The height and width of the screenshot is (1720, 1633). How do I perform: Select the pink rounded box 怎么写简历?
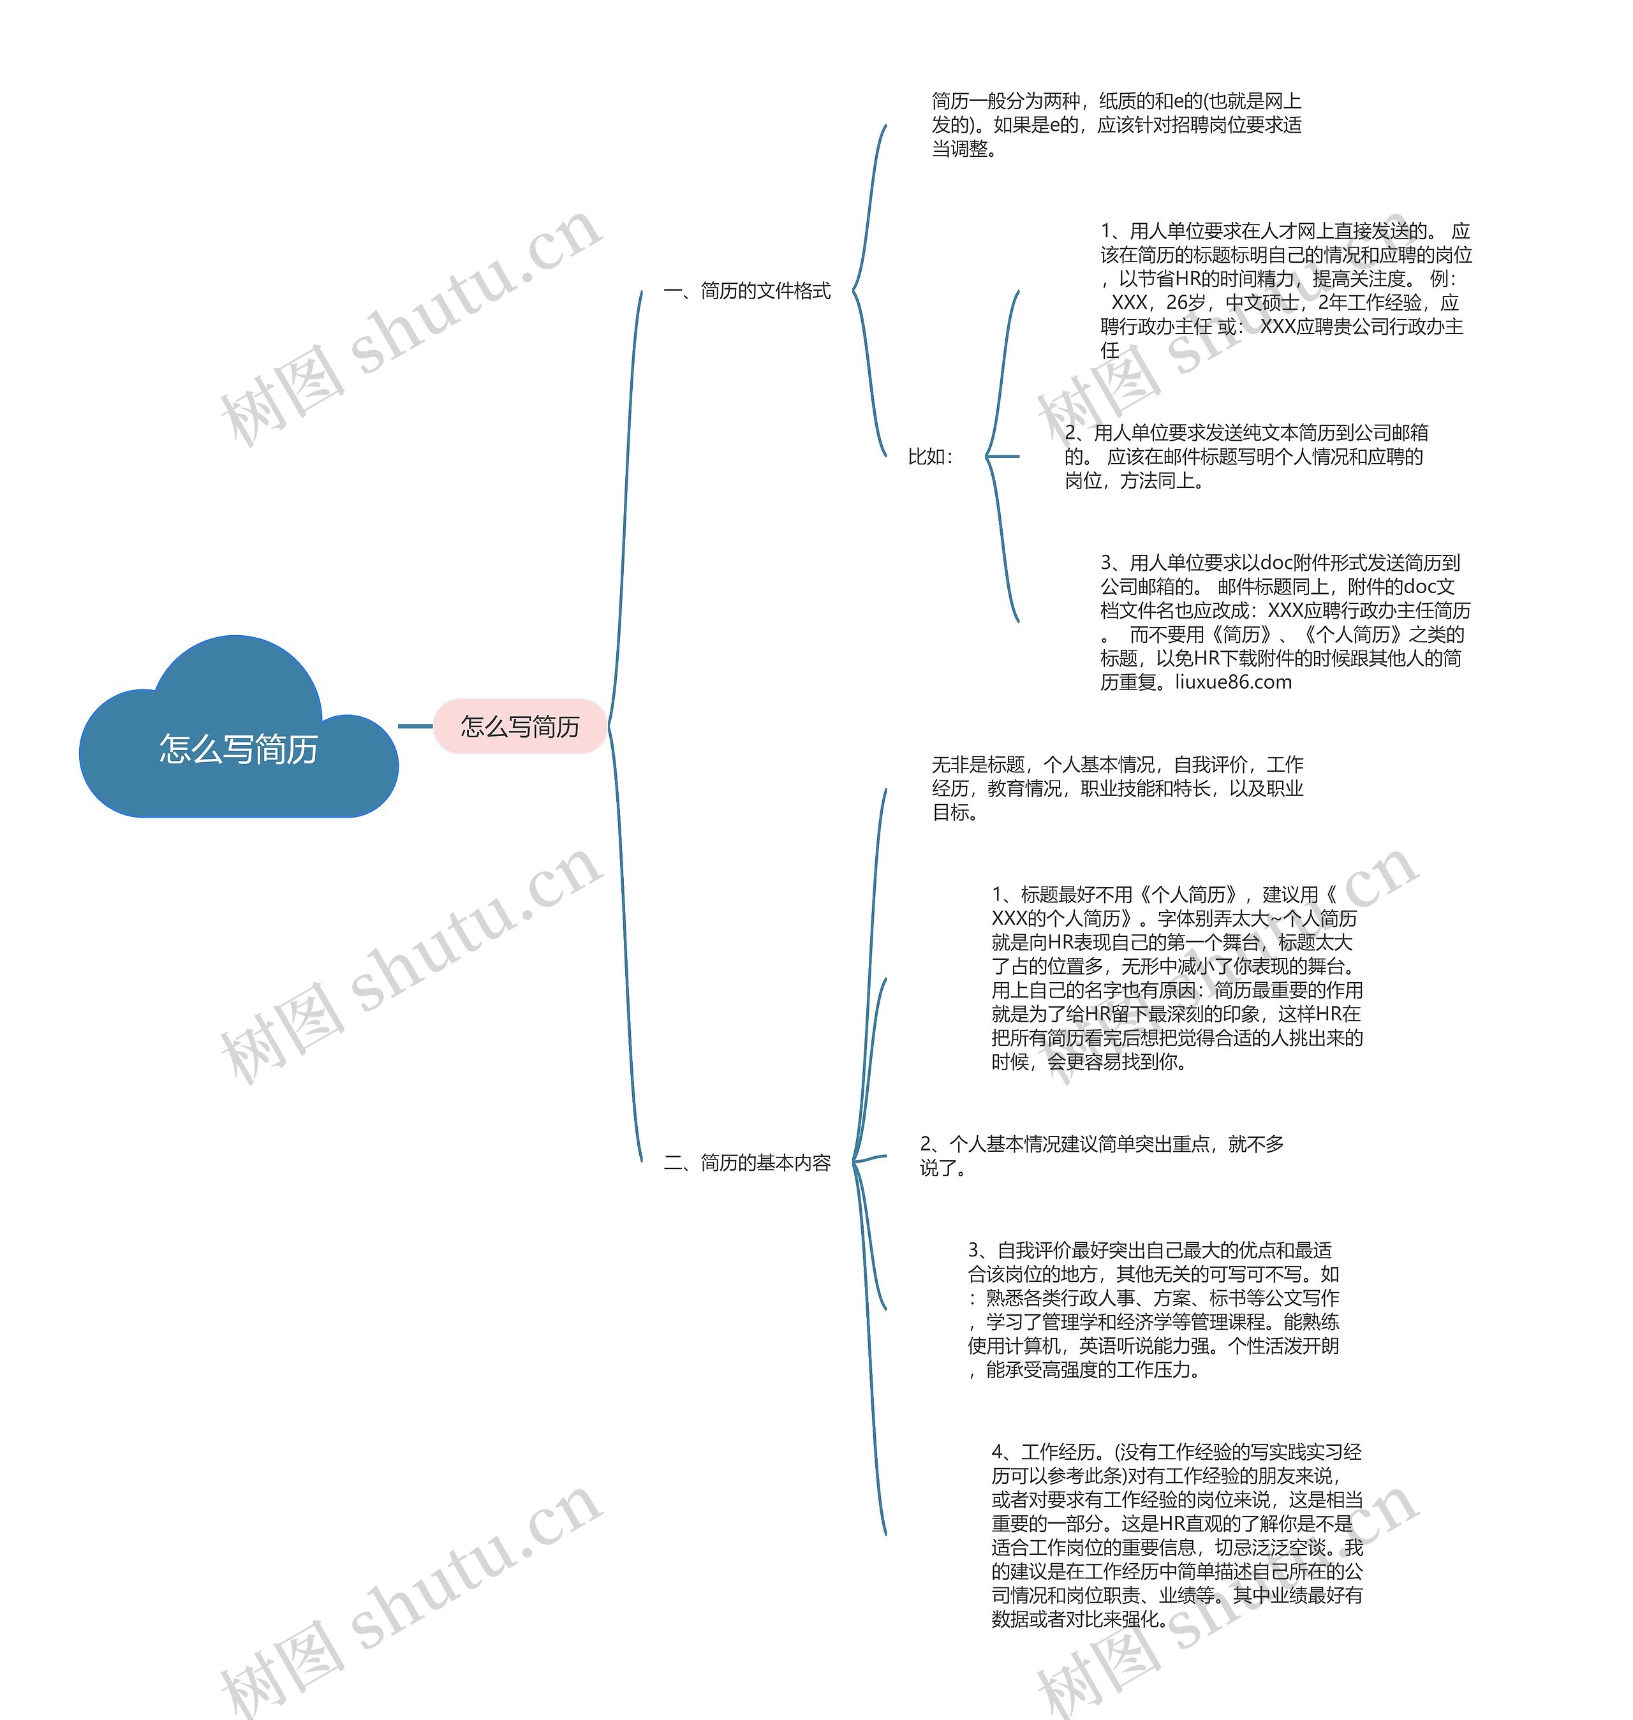[520, 726]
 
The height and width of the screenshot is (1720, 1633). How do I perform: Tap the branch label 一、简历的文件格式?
[747, 291]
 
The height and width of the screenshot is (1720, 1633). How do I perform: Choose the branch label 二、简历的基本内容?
[747, 1163]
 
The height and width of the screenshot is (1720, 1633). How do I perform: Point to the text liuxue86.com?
[1234, 682]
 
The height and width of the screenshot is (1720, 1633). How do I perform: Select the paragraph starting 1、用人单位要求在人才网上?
[1285, 290]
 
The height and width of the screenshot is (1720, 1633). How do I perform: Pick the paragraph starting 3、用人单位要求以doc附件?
[1285, 622]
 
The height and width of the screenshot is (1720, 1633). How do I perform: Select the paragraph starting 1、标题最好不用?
[1177, 978]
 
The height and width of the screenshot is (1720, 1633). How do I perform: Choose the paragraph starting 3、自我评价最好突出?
[1153, 1310]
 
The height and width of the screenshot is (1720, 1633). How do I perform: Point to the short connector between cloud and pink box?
[415, 726]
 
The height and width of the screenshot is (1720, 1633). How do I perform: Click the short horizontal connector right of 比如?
[1003, 456]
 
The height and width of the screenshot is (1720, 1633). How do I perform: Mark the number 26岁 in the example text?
[1186, 303]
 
